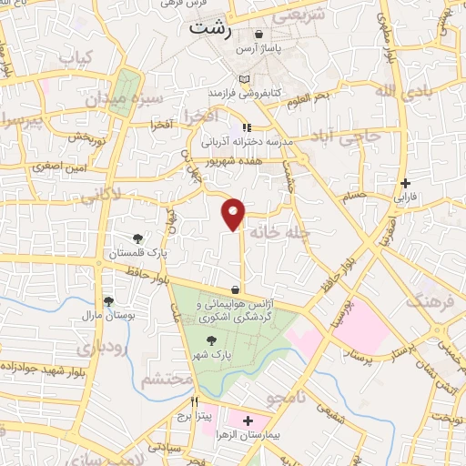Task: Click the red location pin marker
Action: tap(235, 213)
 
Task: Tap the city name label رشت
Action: tap(211, 28)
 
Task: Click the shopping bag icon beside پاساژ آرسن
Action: tap(259, 35)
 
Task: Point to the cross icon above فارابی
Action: tap(405, 182)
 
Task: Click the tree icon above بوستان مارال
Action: tap(108, 300)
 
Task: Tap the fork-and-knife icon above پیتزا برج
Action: tap(194, 401)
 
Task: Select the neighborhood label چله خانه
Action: tap(285, 231)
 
